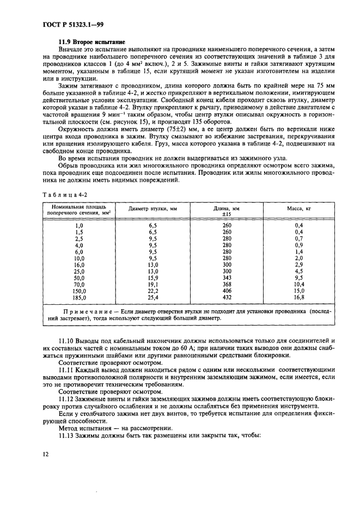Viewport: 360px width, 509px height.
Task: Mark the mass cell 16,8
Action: [298, 298]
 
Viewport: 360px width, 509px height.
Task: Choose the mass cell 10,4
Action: [298, 284]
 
